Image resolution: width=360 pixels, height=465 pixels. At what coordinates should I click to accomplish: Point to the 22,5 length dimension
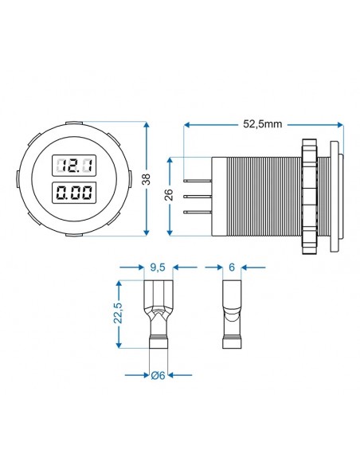[x=118, y=313]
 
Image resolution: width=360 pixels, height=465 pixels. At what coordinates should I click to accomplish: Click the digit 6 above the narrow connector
[x=232, y=268]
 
